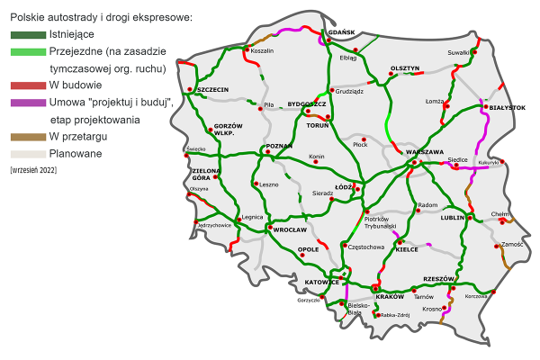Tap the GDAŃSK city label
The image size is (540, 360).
pyautogui.click(x=342, y=32)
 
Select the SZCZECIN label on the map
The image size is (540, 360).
pyautogui.click(x=211, y=90)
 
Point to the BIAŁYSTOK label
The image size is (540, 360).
pyautogui.click(x=504, y=107)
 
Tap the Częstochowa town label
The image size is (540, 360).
pyautogui.click(x=369, y=246)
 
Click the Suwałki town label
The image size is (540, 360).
pyautogui.click(x=460, y=40)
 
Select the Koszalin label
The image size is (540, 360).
pyautogui.click(x=262, y=51)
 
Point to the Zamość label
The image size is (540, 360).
pyautogui.click(x=512, y=244)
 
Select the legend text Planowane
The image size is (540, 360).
pyautogui.click(x=76, y=154)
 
